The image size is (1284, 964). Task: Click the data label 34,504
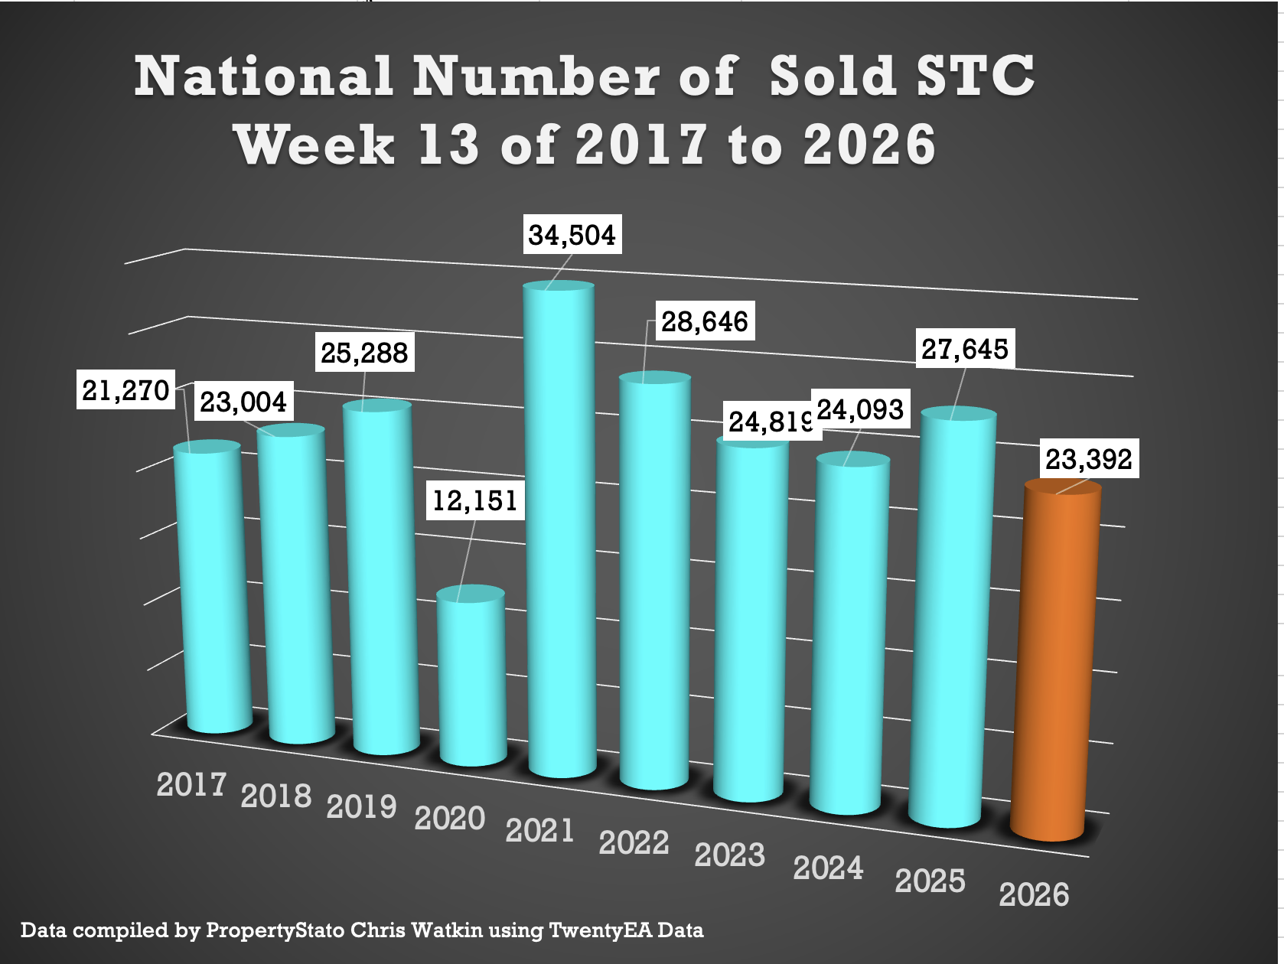pyautogui.click(x=572, y=235)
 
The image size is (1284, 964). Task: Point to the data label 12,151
pyautogui.click(x=475, y=501)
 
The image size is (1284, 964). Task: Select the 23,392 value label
pyautogui.click(x=1088, y=459)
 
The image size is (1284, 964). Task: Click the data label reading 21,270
pyautogui.click(x=125, y=390)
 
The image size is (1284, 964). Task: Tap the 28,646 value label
pyautogui.click(x=704, y=321)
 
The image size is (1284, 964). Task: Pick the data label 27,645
pyautogui.click(x=964, y=350)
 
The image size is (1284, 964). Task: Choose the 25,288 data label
pyautogui.click(x=364, y=353)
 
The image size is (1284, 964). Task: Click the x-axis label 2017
pyautogui.click(x=191, y=785)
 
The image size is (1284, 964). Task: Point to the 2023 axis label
pyautogui.click(x=729, y=855)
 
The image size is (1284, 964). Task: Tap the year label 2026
pyautogui.click(x=1034, y=894)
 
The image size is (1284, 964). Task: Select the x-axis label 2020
pyautogui.click(x=450, y=819)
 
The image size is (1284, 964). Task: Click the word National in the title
pyautogui.click(x=264, y=77)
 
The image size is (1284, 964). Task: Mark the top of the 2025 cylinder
pyautogui.click(x=958, y=415)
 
